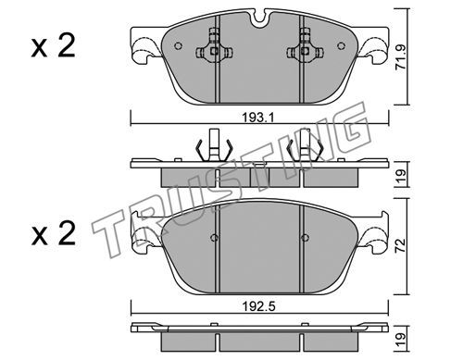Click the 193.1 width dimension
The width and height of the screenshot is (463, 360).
coord(257,118)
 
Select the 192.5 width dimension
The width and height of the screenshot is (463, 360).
coord(258,306)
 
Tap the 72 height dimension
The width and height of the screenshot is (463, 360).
coord(401,246)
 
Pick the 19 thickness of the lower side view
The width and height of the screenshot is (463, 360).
coord(401,340)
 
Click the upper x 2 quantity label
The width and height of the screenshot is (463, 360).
coord(53,46)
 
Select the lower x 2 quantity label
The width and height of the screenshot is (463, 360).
coord(53,233)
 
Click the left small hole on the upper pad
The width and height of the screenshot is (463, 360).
coord(178,46)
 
